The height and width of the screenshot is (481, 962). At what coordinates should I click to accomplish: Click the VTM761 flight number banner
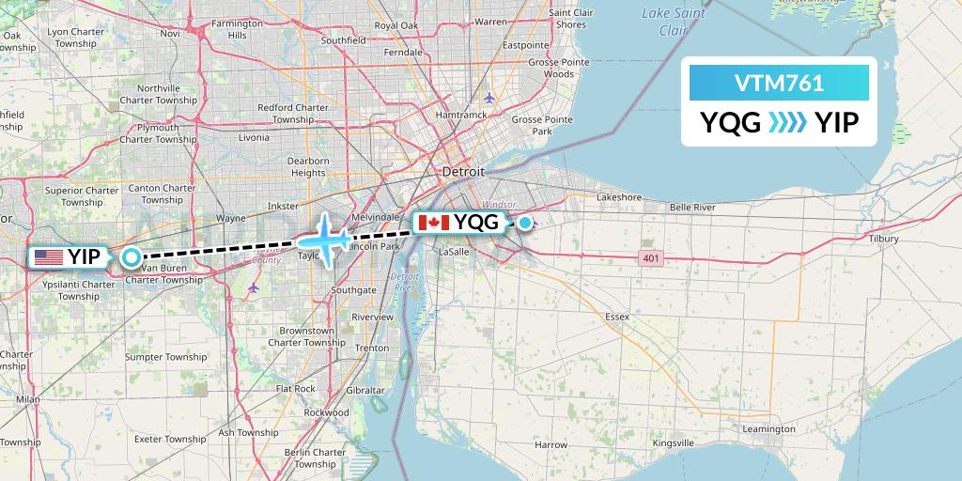[x=779, y=83]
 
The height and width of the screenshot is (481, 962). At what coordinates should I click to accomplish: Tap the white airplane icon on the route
[x=324, y=239]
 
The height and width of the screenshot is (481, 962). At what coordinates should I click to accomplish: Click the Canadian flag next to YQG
[x=433, y=223]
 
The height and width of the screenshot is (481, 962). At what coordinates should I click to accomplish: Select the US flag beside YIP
[x=47, y=256]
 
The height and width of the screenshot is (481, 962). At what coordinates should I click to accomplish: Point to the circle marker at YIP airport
[x=132, y=256]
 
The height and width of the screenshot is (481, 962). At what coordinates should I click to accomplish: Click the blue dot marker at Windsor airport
[x=525, y=223]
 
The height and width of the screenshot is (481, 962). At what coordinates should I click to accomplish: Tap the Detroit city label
[x=464, y=173]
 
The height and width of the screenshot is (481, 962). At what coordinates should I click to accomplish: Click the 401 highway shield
[x=649, y=257]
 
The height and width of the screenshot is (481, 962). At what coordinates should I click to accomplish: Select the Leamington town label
[x=768, y=428]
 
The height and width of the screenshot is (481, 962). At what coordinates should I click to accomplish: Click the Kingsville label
[x=673, y=442]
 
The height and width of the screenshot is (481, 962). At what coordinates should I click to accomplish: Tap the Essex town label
[x=617, y=317]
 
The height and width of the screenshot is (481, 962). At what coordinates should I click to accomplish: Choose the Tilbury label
[x=883, y=239]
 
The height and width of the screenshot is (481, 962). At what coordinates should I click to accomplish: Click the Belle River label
[x=692, y=207]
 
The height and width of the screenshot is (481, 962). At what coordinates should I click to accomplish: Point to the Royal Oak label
[x=396, y=25]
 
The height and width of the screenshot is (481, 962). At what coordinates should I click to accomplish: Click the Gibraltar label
[x=365, y=390]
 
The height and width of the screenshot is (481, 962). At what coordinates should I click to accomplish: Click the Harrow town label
[x=551, y=444]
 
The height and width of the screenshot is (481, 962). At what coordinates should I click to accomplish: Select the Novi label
[x=169, y=33]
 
